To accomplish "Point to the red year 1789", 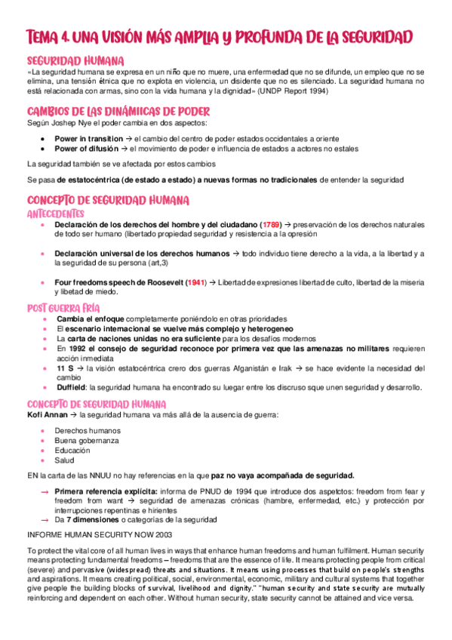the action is (x=272, y=225).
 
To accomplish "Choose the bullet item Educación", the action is (x=72, y=450).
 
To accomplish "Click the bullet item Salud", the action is (x=64, y=460).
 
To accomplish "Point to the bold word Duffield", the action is (x=73, y=387).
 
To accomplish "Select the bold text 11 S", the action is (x=63, y=368).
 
